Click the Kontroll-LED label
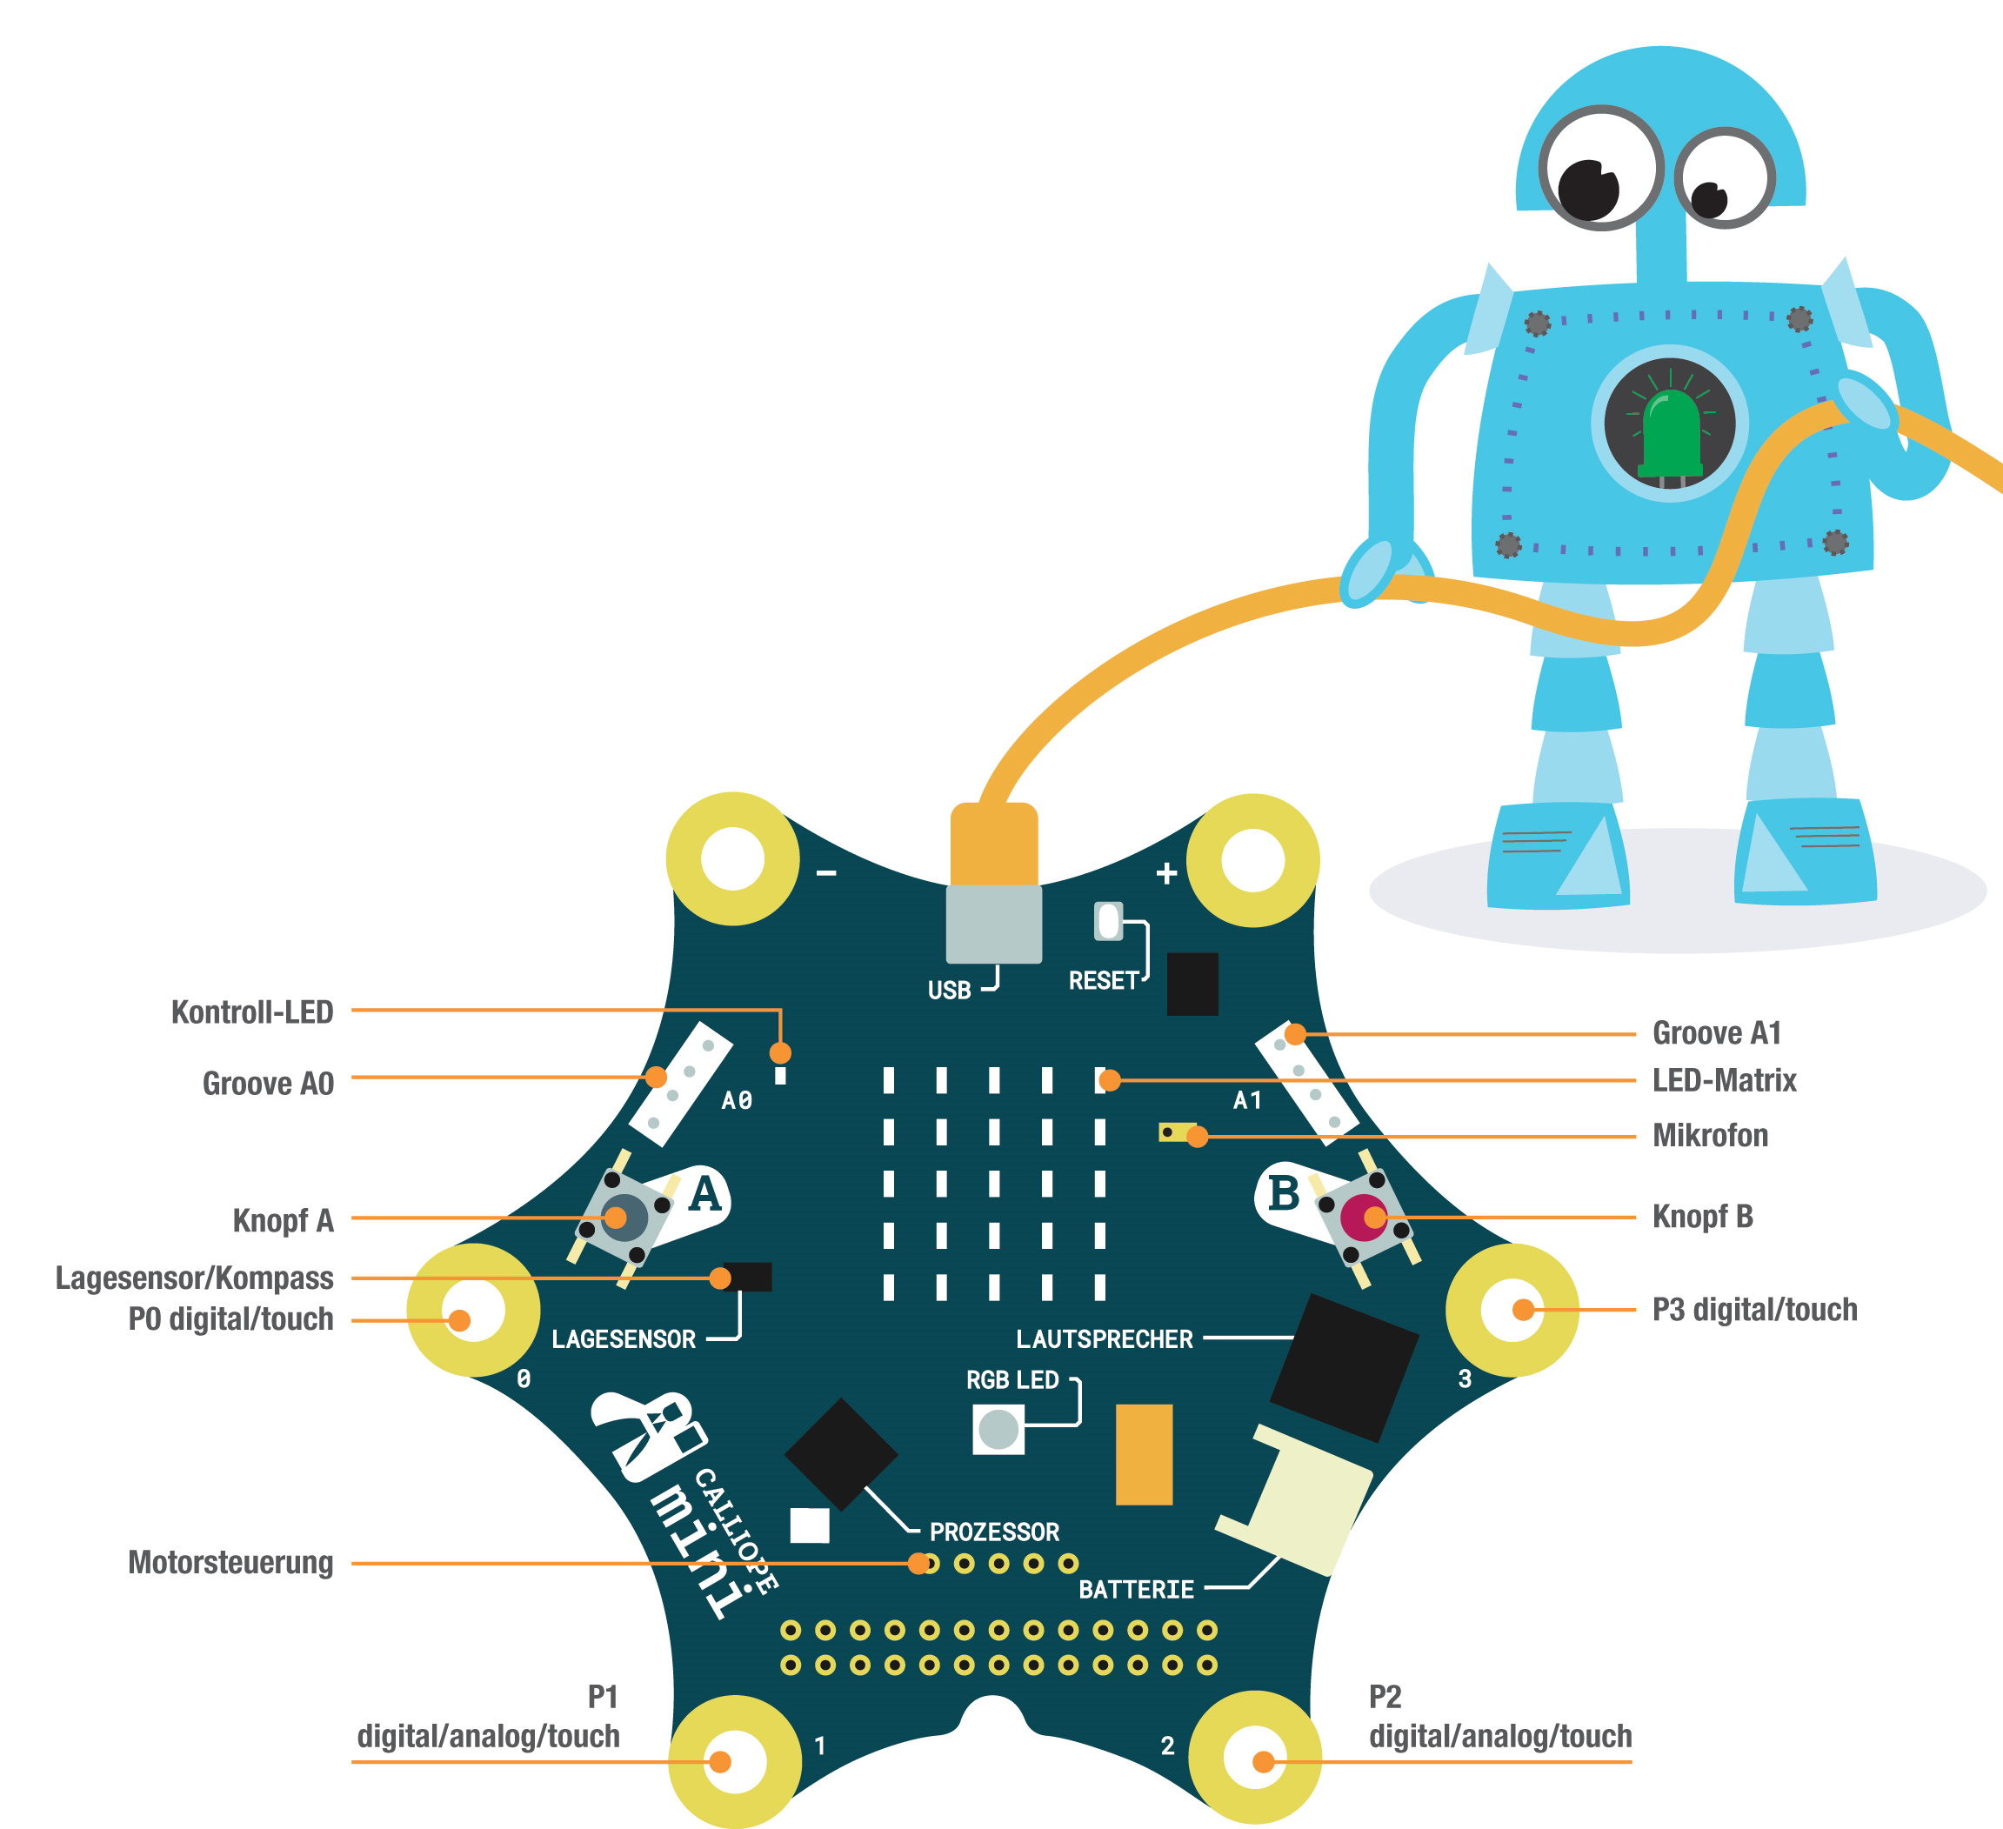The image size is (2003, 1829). pos(252,1012)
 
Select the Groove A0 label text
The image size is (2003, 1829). pos(268,1083)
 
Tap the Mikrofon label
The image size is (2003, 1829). pos(1710,1136)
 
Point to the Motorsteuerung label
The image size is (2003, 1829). pos(230,1563)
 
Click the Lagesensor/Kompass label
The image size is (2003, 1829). pos(195,1278)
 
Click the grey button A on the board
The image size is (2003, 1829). pos(624,1217)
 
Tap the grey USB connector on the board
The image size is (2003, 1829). pos(993,924)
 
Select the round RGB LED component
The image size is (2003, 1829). pos(998,1430)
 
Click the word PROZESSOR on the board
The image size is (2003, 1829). pos(995,1532)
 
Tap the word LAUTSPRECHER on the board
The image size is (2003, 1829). pos(1104,1339)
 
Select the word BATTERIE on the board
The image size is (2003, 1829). pos(1136,1590)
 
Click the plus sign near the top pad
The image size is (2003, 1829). pos(1166,873)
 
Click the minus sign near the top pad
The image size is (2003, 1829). pos(826,873)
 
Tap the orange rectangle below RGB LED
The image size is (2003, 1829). pos(1144,1454)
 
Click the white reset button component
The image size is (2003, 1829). pos(1108,921)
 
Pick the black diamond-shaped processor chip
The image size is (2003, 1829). pos(840,1454)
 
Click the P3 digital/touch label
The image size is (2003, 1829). pos(1754,1310)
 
